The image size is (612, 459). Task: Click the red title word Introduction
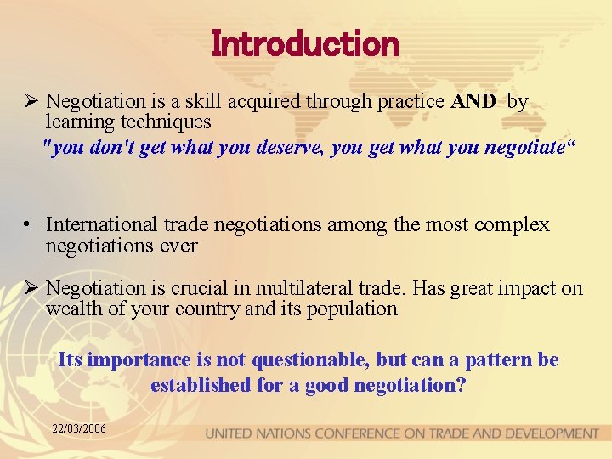(305, 43)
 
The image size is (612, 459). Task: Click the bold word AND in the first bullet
(475, 102)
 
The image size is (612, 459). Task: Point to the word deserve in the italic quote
(292, 147)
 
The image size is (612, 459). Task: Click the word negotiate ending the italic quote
(523, 147)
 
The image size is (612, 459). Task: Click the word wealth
(74, 309)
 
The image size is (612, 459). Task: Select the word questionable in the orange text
(314, 360)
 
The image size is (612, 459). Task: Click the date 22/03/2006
(78, 429)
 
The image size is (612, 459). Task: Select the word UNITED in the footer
(232, 433)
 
